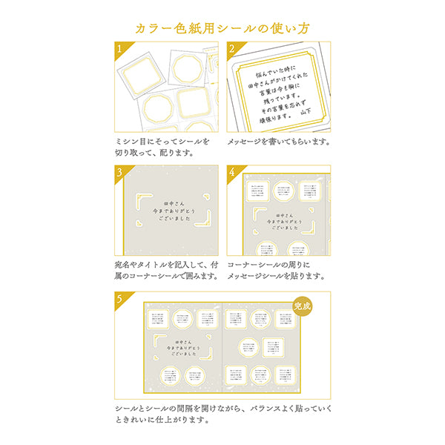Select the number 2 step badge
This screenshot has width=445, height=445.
tap(233, 49)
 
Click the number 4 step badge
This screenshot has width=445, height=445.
tap(233, 172)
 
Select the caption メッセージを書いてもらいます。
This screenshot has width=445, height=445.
tap(278, 141)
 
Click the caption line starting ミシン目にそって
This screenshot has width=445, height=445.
tap(162, 141)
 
